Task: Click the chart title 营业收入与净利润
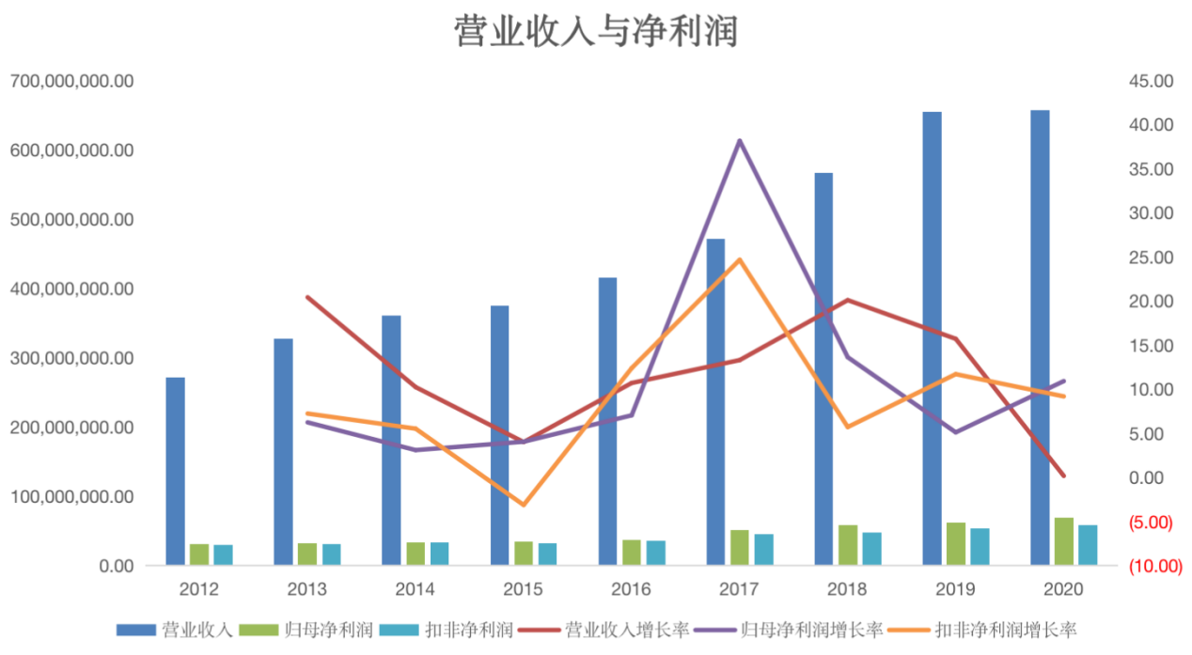[x=596, y=30]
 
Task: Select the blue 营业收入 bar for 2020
[x=1040, y=338]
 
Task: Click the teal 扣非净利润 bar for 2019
[x=980, y=547]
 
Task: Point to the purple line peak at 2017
[x=740, y=141]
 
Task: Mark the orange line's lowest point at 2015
[x=524, y=505]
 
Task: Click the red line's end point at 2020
[x=1063, y=476]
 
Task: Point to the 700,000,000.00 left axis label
[x=72, y=82]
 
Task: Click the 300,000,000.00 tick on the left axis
[x=72, y=358]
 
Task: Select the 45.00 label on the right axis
[x=1151, y=82]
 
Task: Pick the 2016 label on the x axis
[x=631, y=589]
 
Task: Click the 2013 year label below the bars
[x=307, y=589]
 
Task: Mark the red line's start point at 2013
[x=307, y=297]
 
